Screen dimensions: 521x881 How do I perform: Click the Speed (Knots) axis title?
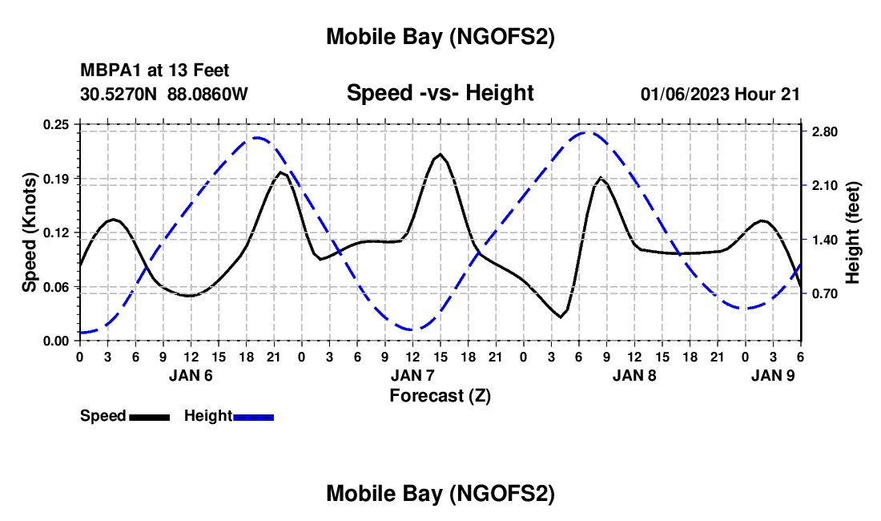coord(30,232)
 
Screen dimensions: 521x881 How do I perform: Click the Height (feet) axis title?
coord(852,232)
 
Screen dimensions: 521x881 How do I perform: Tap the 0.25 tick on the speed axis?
coord(58,124)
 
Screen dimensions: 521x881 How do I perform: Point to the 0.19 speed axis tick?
coord(58,178)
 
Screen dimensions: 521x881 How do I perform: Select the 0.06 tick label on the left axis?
coord(58,287)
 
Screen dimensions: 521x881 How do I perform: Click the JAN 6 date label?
coord(190,375)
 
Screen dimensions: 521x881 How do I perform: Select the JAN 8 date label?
coord(634,375)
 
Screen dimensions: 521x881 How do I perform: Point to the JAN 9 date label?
coord(772,375)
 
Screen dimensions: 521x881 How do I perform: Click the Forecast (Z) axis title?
coord(440,395)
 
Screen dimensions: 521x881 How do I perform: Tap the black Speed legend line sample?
coord(149,417)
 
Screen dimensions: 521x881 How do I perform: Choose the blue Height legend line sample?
coord(254,417)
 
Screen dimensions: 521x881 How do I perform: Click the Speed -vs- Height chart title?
coord(440,93)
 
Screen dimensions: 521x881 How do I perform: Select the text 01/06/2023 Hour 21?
coord(720,94)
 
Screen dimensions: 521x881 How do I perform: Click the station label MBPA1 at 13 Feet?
coord(155,71)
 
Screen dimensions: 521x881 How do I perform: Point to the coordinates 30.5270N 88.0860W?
coord(164,94)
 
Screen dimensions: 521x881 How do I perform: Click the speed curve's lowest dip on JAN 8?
coord(561,317)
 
